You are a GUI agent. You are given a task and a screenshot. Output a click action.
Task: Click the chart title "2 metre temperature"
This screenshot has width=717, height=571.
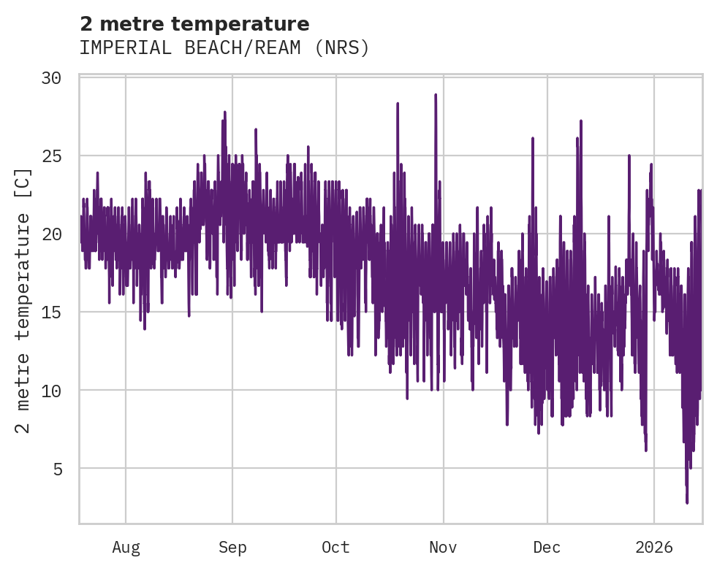194,24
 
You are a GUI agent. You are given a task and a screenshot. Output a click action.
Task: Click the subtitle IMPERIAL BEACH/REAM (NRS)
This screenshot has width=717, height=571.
224,48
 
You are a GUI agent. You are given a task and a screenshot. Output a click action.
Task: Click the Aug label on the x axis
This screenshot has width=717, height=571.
126,547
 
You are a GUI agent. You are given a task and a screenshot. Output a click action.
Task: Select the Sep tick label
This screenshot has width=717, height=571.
232,547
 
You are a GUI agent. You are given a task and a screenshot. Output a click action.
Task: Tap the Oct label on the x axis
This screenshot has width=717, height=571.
336,547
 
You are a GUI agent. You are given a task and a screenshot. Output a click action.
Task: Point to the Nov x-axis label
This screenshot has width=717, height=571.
443,547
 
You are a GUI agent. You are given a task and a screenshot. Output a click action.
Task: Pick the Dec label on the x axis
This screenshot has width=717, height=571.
547,547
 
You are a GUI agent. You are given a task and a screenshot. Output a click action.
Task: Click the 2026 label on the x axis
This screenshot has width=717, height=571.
653,547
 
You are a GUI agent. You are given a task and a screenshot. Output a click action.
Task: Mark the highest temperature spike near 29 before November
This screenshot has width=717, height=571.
436,95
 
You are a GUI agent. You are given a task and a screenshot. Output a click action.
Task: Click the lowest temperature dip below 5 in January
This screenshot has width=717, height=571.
687,502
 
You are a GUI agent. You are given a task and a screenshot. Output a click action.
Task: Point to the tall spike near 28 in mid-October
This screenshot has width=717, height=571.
398,104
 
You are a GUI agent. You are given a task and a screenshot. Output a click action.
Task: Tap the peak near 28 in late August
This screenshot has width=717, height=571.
225,112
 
